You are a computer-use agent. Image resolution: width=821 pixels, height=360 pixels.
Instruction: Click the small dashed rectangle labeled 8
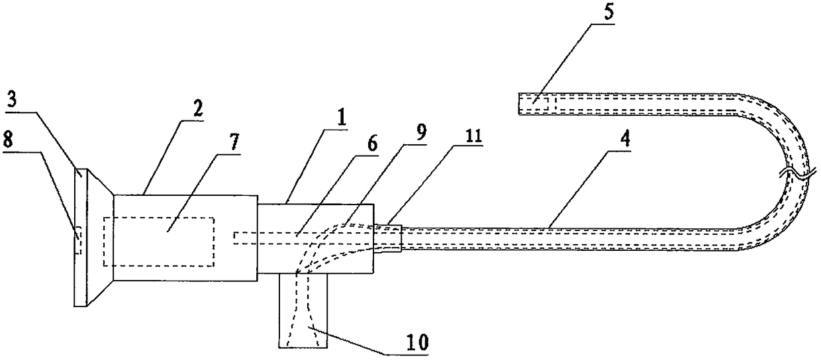(78, 241)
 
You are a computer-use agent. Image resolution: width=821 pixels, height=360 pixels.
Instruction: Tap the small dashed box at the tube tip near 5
(536, 104)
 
